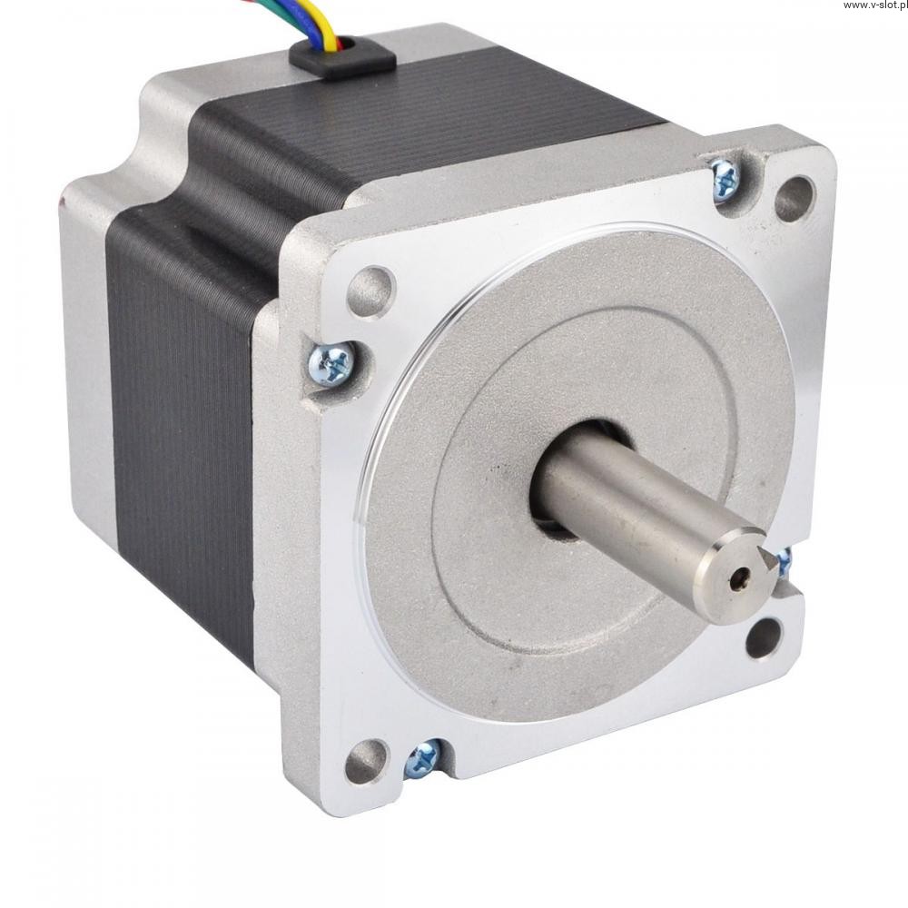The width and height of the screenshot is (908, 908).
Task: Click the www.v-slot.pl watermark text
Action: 874,5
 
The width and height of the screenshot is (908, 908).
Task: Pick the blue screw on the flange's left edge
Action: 331,364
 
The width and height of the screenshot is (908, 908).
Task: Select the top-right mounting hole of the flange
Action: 794,199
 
